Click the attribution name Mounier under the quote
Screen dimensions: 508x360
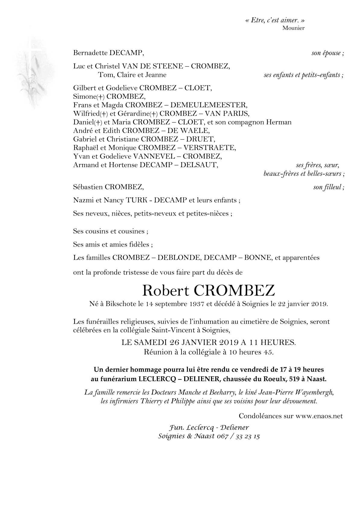(x=293, y=28)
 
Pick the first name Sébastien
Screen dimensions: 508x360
(x=87, y=187)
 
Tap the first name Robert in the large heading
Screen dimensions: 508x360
(x=165, y=290)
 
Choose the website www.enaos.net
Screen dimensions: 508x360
(x=319, y=416)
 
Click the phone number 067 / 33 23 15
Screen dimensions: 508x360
(x=238, y=436)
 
